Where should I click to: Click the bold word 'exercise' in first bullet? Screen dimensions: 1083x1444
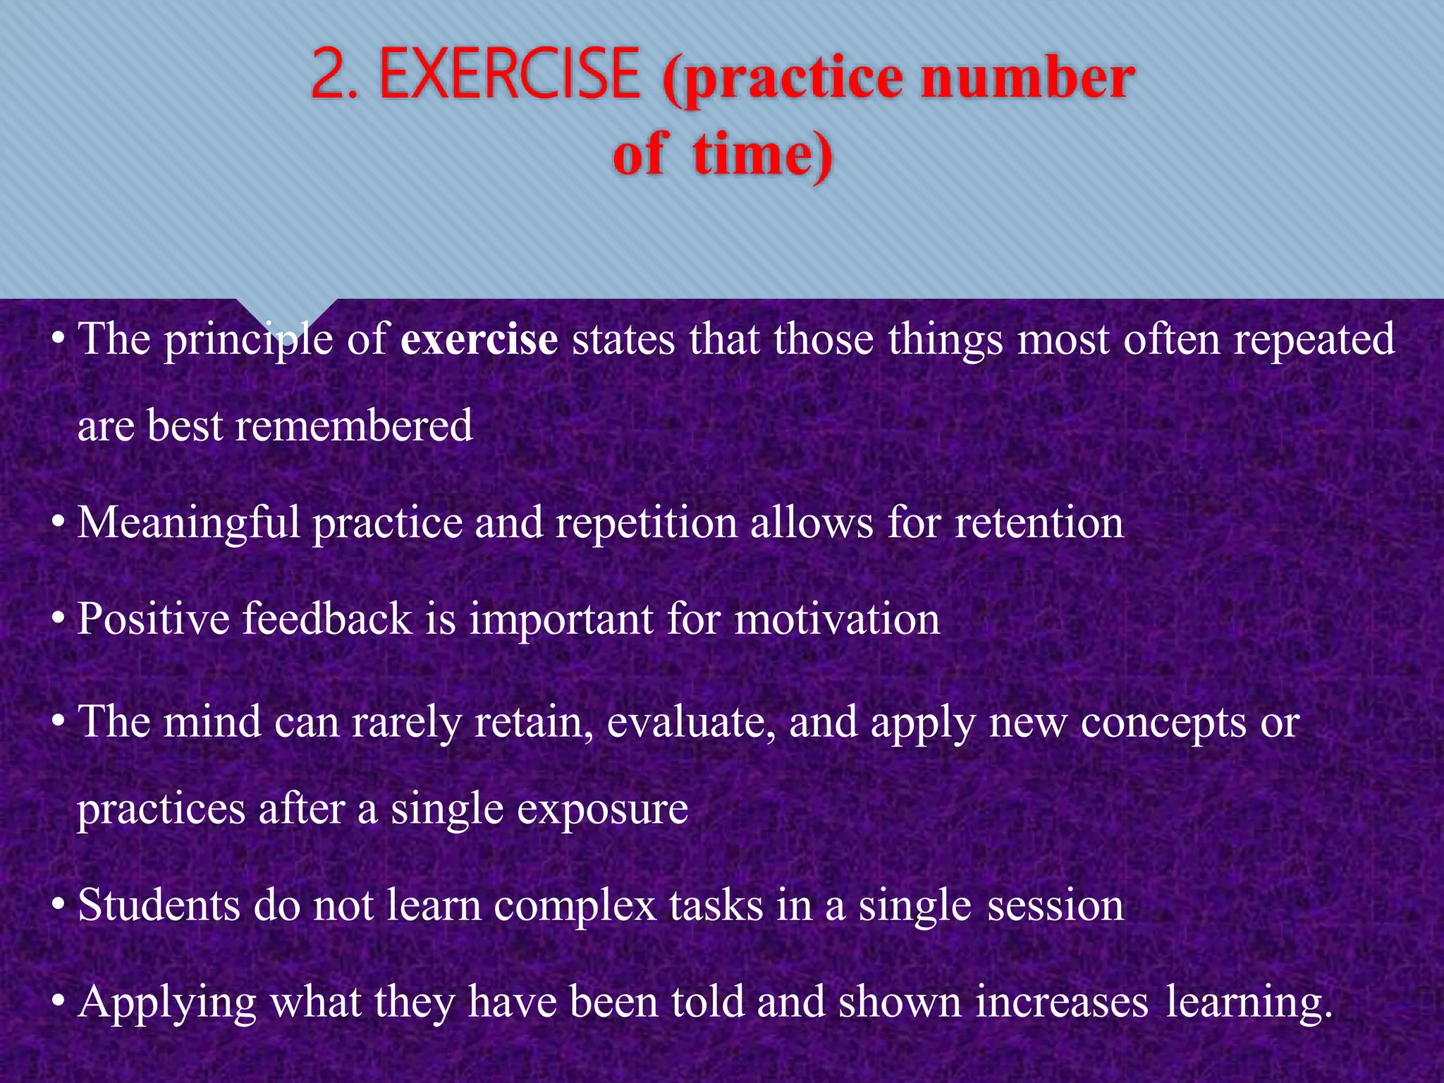click(479, 339)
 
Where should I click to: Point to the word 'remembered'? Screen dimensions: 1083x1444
click(353, 427)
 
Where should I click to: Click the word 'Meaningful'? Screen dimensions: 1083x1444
click(188, 523)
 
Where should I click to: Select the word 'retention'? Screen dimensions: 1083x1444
click(1039, 523)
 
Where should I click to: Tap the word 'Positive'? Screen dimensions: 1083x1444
click(153, 619)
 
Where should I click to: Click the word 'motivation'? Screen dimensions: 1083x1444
click(837, 619)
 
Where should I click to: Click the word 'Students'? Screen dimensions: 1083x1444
click(158, 905)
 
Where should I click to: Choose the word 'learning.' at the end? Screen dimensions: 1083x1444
click(1249, 1001)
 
